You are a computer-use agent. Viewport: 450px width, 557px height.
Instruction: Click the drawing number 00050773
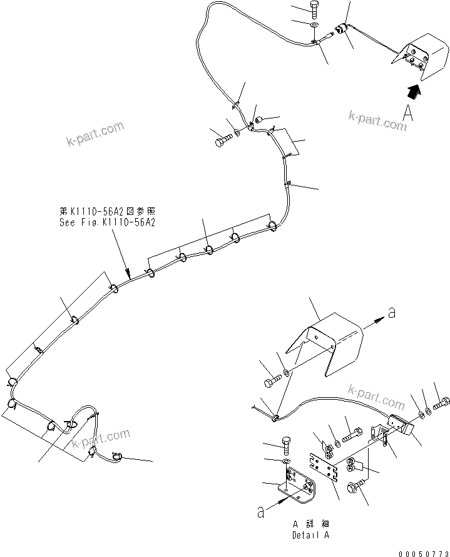point(422,552)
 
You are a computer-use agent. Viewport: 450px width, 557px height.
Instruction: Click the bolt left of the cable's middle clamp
point(223,142)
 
